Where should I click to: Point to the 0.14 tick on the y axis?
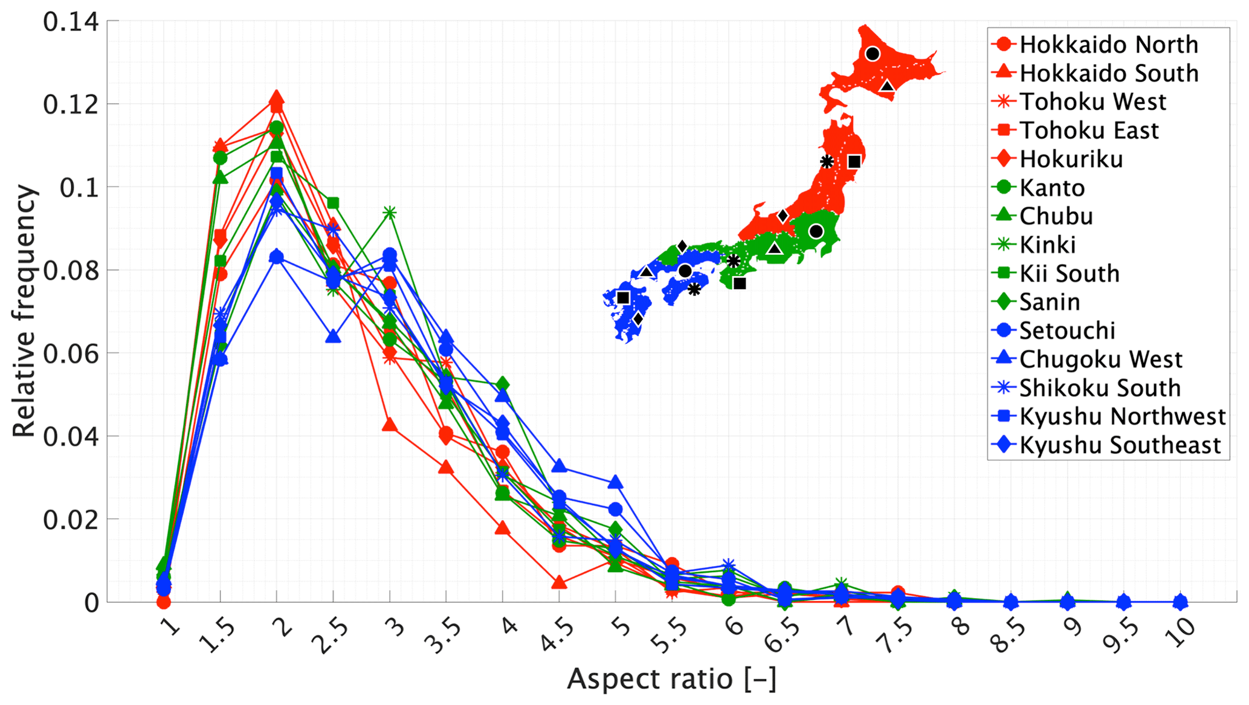(x=71, y=22)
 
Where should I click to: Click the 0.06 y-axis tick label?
(x=71, y=353)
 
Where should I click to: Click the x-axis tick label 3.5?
(x=445, y=637)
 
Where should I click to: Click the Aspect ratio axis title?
(x=671, y=679)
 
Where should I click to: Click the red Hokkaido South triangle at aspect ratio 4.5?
(x=559, y=582)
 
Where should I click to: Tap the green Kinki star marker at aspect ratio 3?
(x=390, y=213)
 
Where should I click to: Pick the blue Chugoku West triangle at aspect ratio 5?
(x=615, y=482)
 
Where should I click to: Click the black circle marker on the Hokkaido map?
(x=872, y=54)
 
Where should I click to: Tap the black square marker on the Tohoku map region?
(x=854, y=162)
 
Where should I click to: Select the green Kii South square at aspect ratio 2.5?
(x=333, y=203)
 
